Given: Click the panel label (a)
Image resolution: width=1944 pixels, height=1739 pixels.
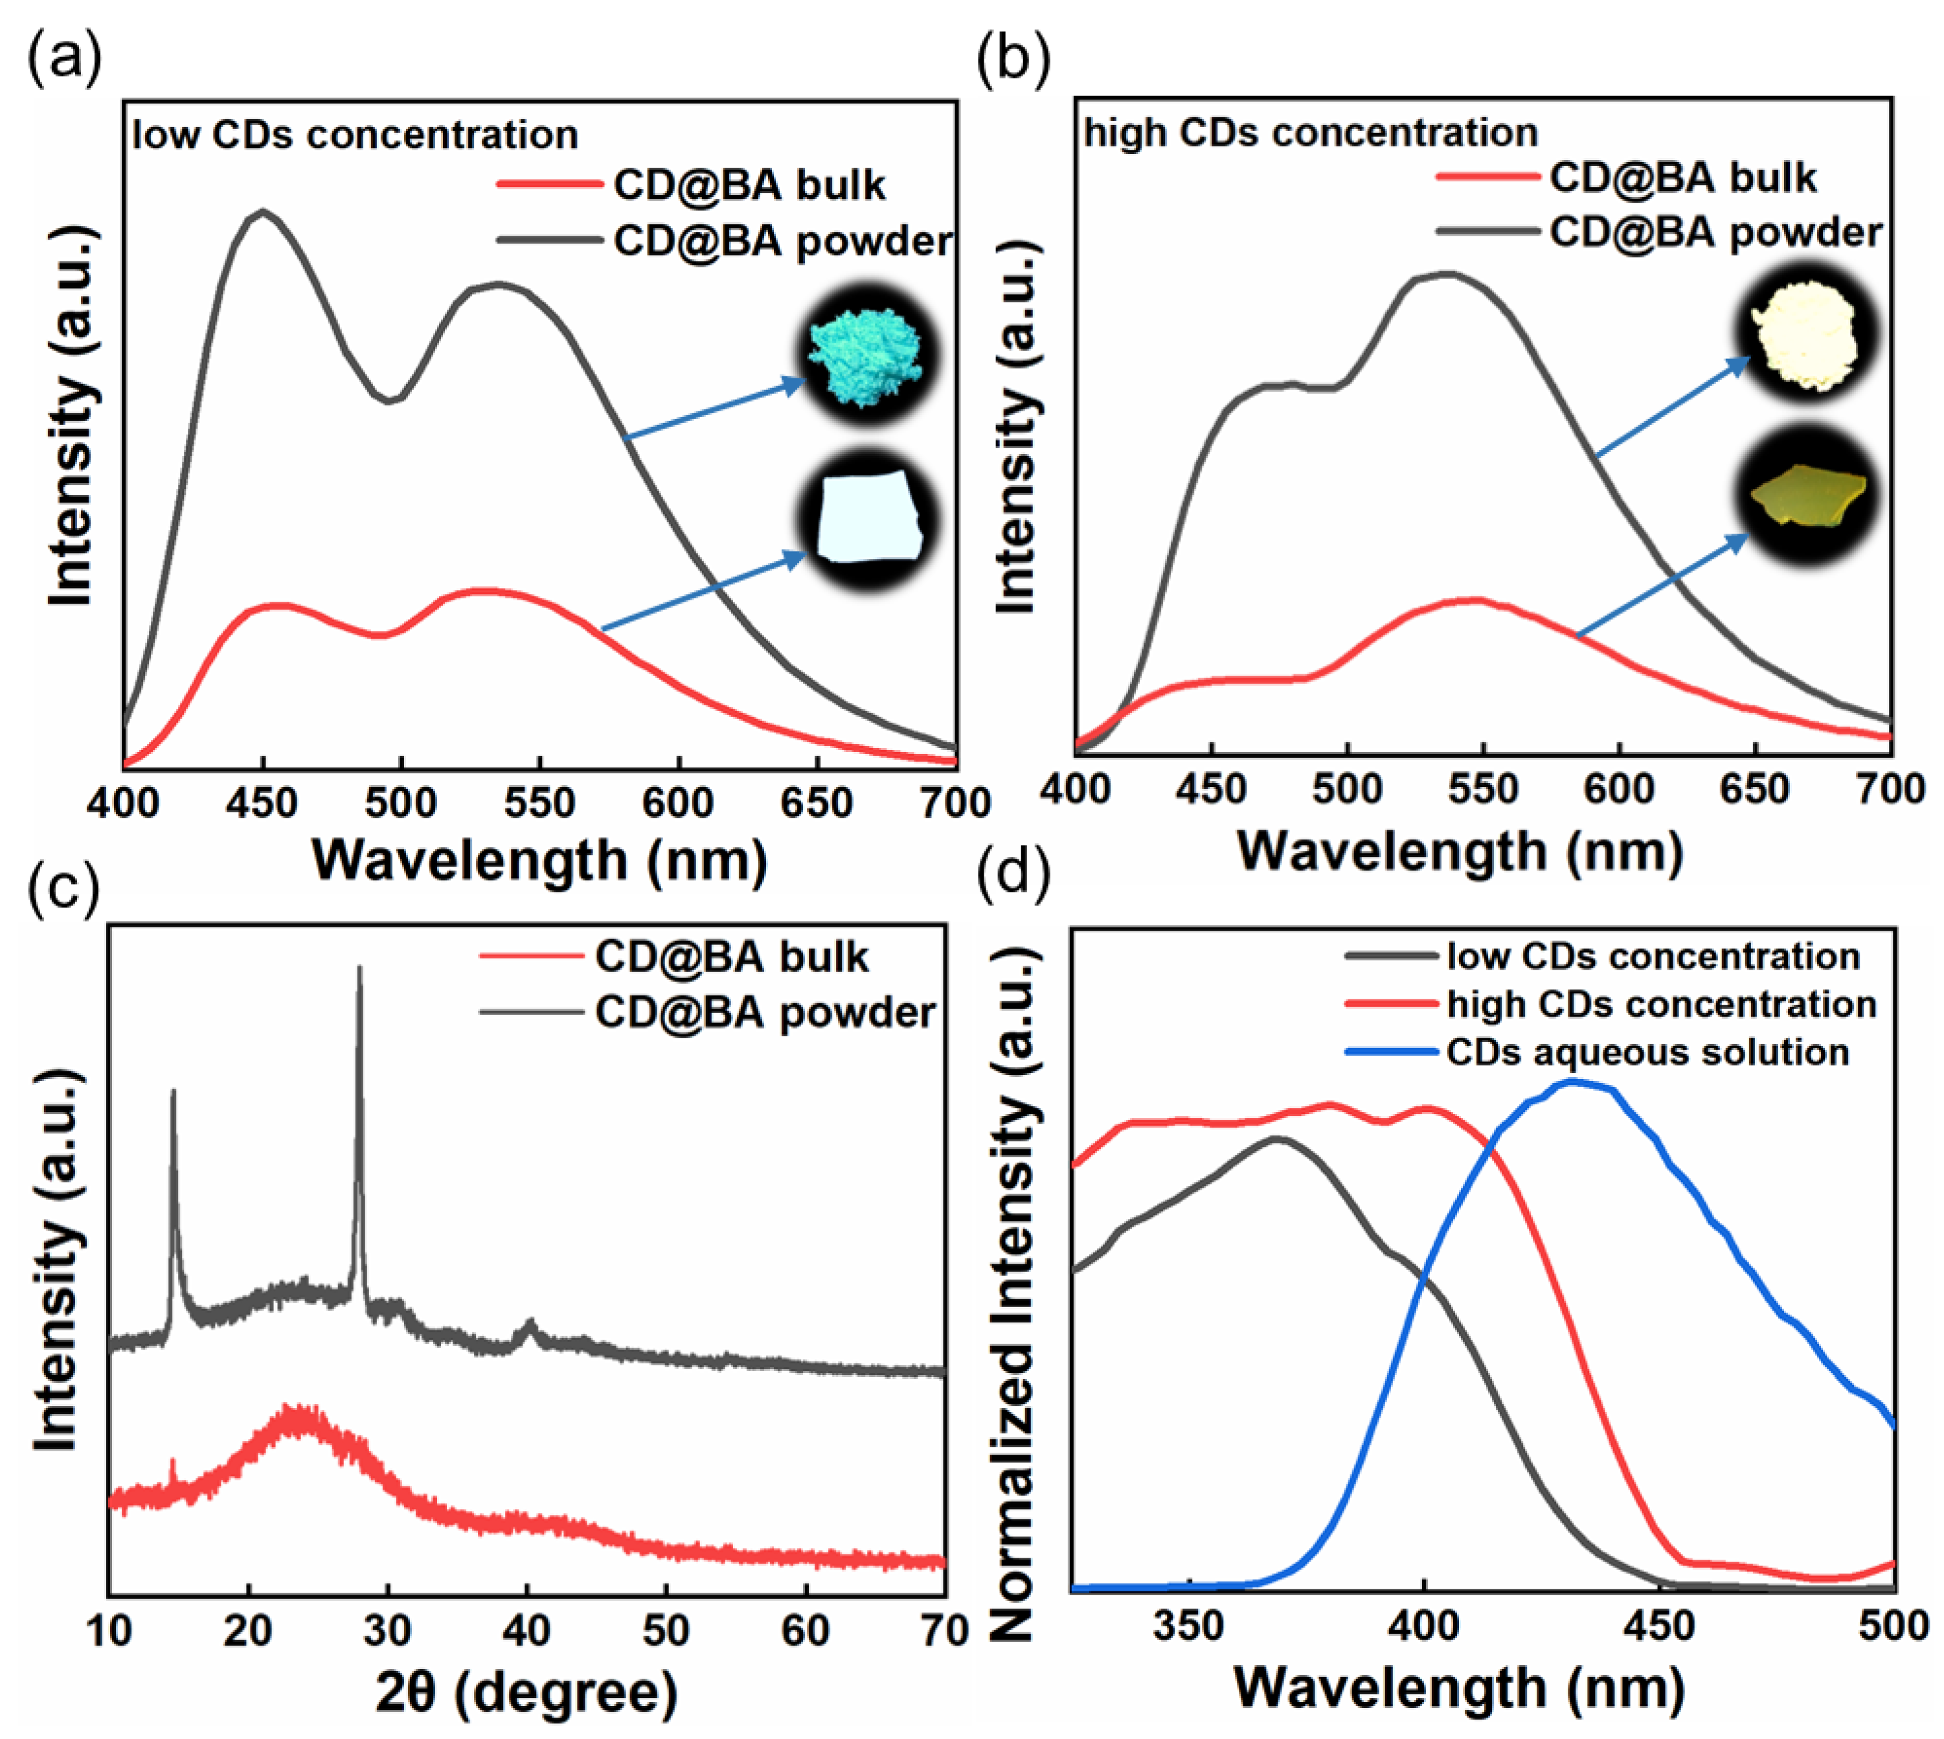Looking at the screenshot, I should tap(64, 59).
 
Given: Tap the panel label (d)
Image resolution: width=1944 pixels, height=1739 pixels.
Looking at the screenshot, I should tap(1013, 871).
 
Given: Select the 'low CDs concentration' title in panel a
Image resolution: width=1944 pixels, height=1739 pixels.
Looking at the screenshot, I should tap(356, 135).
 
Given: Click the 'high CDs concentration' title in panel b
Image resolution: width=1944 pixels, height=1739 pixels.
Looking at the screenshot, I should tap(1311, 133).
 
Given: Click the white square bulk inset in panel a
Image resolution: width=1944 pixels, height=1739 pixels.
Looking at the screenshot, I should tap(868, 520).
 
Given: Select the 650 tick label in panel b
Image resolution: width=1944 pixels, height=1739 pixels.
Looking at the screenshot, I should tap(1756, 790).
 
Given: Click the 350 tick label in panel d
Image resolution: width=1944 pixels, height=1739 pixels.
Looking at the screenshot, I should tap(1188, 1624).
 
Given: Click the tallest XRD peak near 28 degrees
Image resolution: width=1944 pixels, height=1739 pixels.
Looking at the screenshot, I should tap(359, 970).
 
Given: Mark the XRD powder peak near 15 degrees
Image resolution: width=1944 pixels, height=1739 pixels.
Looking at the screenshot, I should tap(173, 1092).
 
